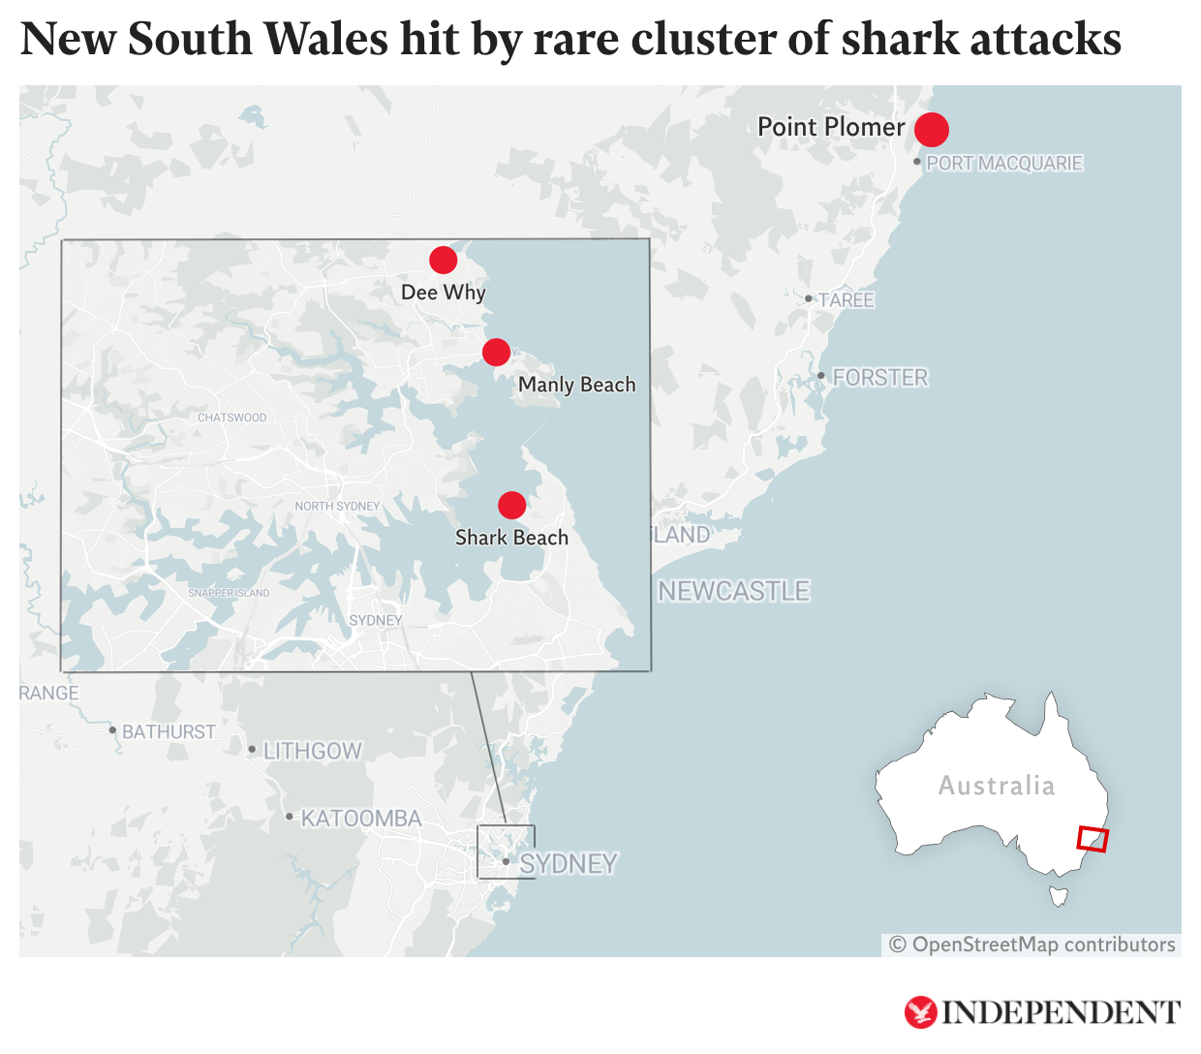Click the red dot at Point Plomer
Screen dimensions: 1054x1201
click(x=931, y=129)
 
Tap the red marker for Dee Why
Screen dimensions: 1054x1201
click(x=443, y=260)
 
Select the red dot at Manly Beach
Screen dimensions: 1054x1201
click(x=496, y=352)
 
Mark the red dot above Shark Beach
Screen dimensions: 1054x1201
click(x=511, y=505)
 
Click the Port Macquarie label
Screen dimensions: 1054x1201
click(x=1004, y=164)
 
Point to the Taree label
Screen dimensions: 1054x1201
click(x=846, y=300)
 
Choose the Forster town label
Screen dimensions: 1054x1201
click(x=879, y=378)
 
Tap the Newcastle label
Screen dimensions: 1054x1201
click(x=733, y=591)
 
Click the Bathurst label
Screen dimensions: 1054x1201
click(x=169, y=732)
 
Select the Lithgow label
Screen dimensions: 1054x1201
click(x=312, y=752)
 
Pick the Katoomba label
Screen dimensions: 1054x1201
click(x=360, y=820)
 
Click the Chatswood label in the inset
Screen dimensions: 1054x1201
click(x=231, y=418)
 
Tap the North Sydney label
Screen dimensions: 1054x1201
click(x=337, y=506)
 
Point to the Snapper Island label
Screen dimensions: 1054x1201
click(x=229, y=593)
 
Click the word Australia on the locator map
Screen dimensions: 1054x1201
click(x=996, y=786)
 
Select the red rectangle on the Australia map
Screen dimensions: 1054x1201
click(x=1093, y=839)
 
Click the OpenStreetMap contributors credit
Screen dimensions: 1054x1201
click(x=1032, y=945)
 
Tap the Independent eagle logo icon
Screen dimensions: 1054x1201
click(x=920, y=1012)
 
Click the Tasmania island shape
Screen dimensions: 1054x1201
click(x=1059, y=896)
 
